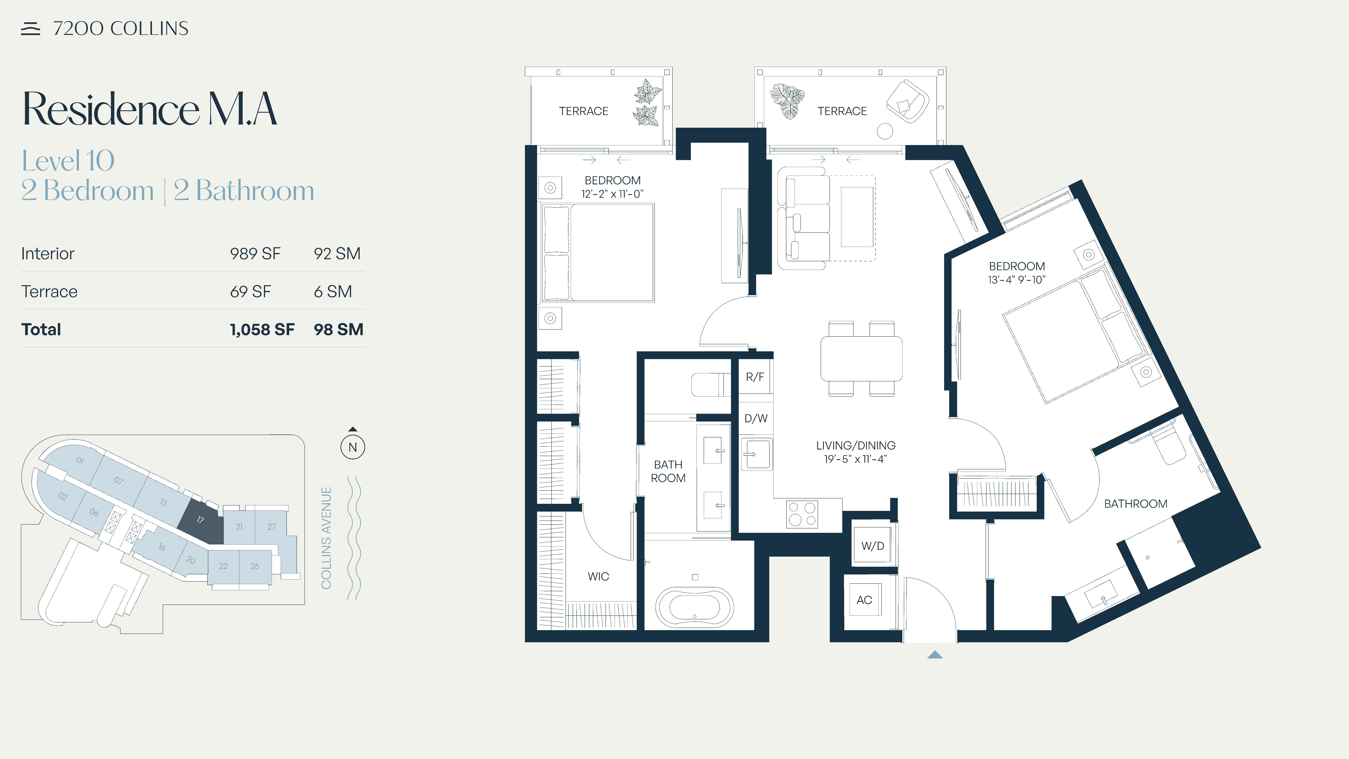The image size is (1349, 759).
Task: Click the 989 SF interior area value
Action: tap(255, 254)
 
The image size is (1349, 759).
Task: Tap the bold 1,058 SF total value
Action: tap(262, 329)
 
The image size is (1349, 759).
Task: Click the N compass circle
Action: tap(352, 447)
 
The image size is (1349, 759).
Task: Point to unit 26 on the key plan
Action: tap(255, 566)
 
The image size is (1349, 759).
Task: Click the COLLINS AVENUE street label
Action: tap(326, 538)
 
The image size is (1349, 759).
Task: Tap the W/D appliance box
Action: tap(873, 546)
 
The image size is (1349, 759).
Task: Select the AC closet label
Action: tap(864, 600)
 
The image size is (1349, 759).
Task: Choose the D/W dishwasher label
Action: tap(756, 418)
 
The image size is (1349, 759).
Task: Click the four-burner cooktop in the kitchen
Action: tap(802, 514)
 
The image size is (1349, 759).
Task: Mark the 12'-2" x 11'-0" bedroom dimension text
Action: tap(612, 194)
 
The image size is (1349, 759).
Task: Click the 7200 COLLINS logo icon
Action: tap(30, 29)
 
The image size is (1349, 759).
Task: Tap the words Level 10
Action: tap(68, 161)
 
